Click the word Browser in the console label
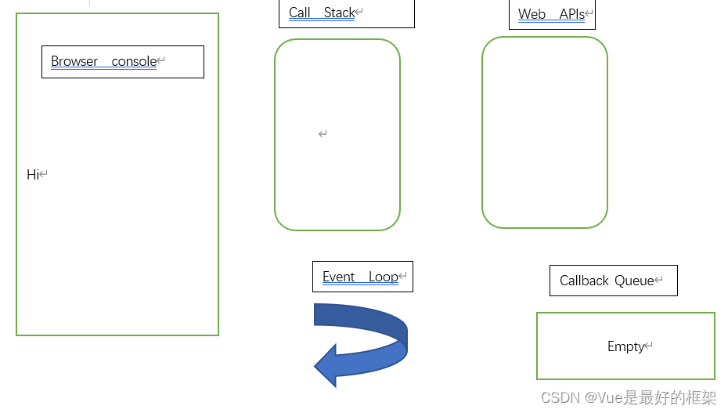pyautogui.click(x=74, y=61)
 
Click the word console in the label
pyautogui.click(x=134, y=61)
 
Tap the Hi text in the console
pyautogui.click(x=32, y=175)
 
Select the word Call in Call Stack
pyautogui.click(x=299, y=13)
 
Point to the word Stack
pyautogui.click(x=339, y=13)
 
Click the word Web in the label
pyautogui.click(x=532, y=14)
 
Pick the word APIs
pyautogui.click(x=571, y=14)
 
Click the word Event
pyautogui.click(x=339, y=277)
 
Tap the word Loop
pyautogui.click(x=384, y=277)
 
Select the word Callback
pyautogui.click(x=584, y=281)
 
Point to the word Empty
pyautogui.click(x=625, y=346)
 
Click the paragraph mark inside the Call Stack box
pyautogui.click(x=323, y=134)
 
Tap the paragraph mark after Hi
pyautogui.click(x=44, y=175)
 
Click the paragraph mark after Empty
pyautogui.click(x=649, y=346)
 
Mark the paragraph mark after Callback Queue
pyautogui.click(x=659, y=281)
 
